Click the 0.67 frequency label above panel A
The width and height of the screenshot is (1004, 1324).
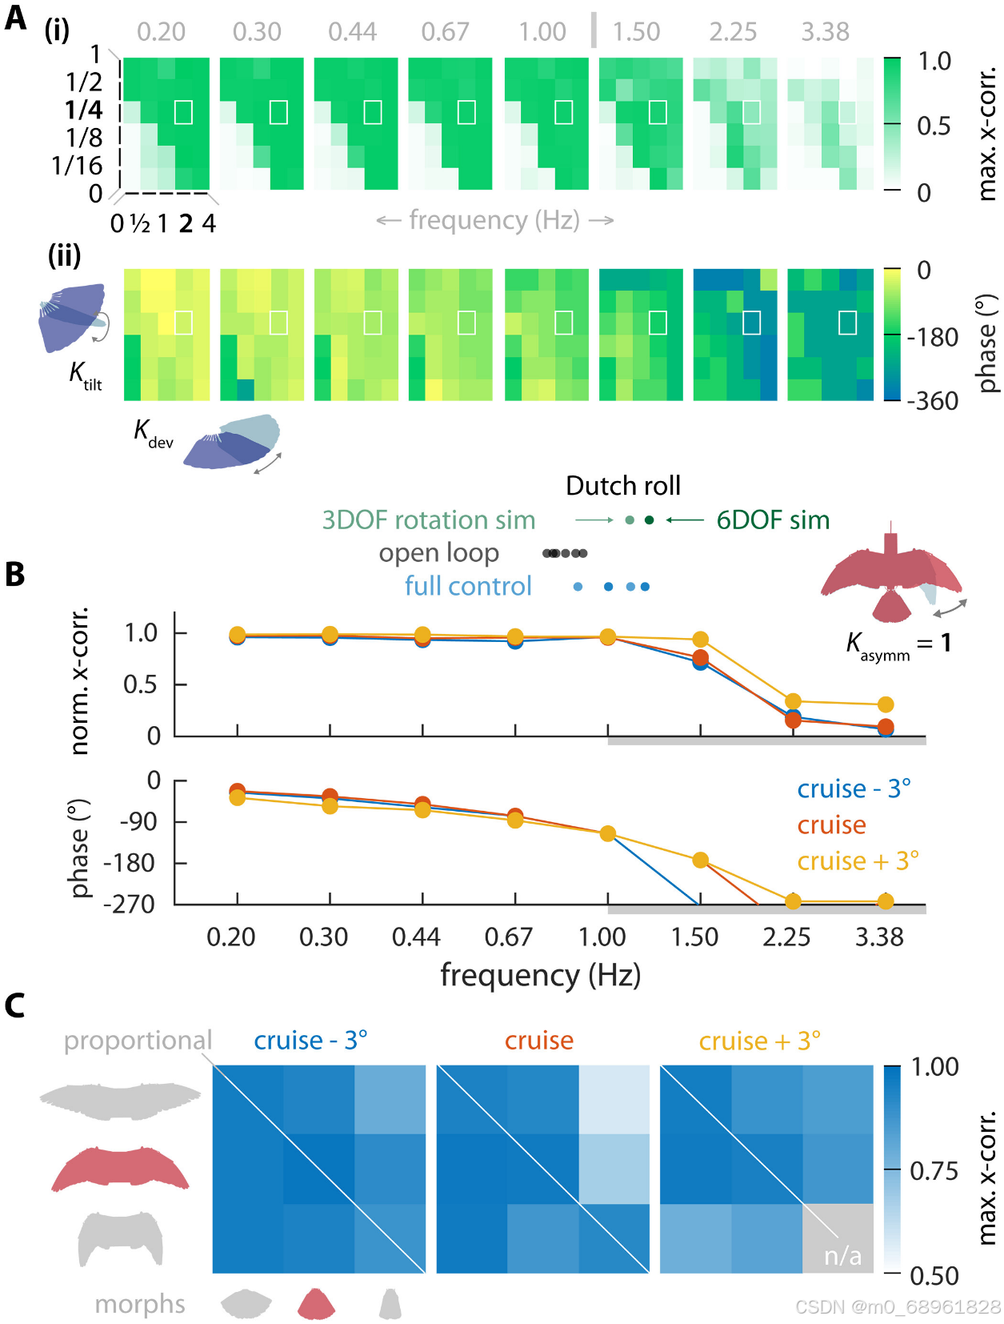tap(445, 32)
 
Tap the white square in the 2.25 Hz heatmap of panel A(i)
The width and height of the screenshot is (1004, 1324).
tap(751, 112)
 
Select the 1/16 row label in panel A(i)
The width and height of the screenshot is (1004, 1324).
tap(77, 166)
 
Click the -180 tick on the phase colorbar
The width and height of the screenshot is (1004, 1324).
tap(932, 337)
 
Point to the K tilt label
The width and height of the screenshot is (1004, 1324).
tap(85, 375)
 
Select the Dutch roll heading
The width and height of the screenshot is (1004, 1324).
tap(622, 486)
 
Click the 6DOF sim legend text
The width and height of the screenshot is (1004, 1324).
tap(772, 520)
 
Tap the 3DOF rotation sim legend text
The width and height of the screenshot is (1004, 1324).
tap(428, 520)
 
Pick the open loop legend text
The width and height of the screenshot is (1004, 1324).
tap(438, 553)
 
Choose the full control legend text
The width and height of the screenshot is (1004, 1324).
tap(468, 587)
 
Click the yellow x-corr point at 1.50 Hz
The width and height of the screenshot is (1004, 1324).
tap(700, 640)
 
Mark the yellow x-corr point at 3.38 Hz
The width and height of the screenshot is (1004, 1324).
tap(886, 704)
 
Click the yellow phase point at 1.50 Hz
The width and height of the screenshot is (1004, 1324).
tap(700, 861)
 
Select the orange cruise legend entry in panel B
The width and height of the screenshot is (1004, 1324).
tap(831, 825)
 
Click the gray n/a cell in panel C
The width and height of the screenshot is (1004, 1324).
tap(838, 1238)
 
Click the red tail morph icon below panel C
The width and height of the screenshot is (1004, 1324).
tap(316, 1304)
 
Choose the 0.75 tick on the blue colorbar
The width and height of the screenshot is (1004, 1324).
tap(934, 1171)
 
